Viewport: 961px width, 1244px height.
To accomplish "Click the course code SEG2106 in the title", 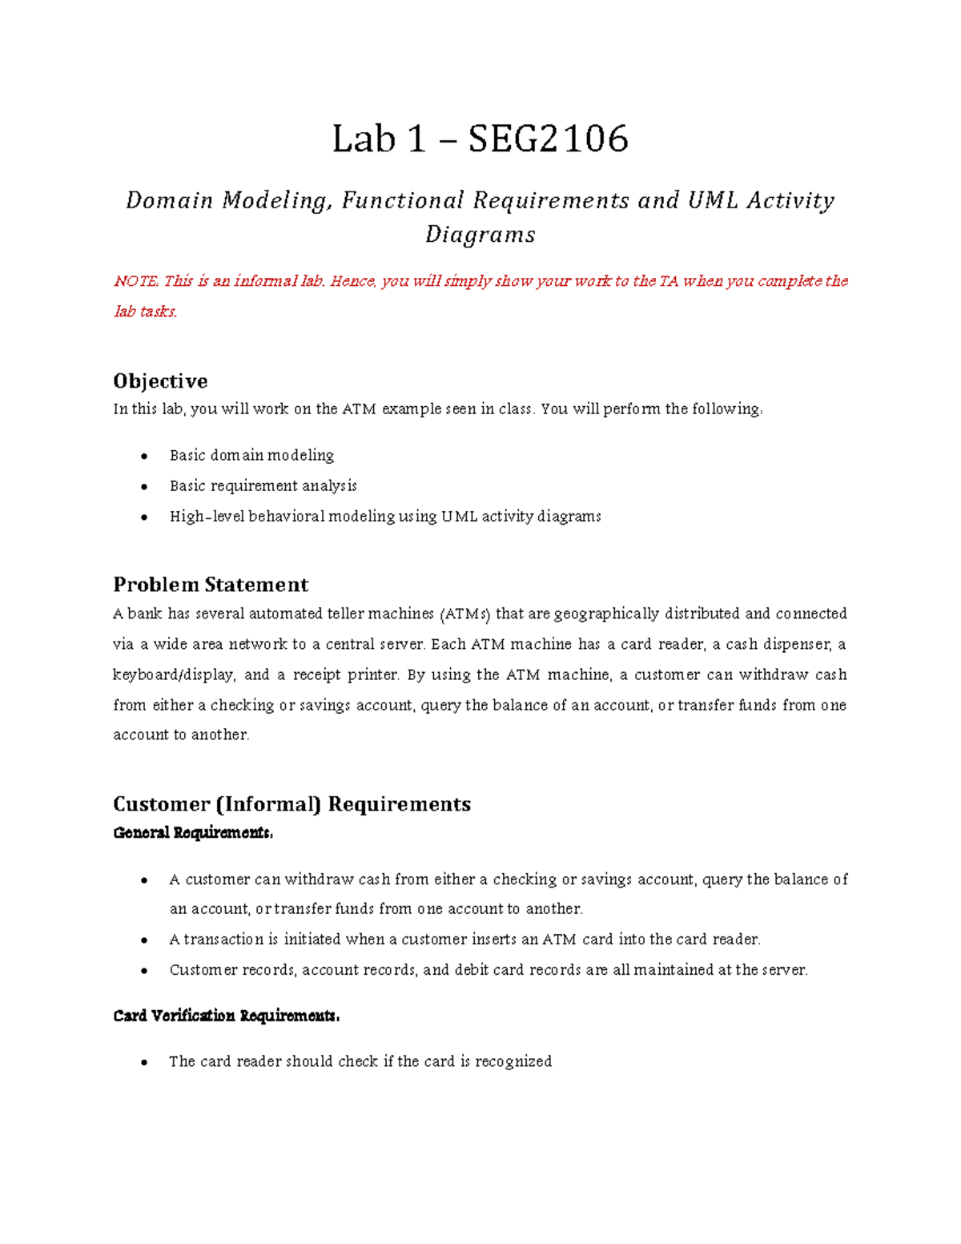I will pos(548,139).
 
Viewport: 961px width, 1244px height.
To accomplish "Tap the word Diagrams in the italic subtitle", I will pos(480,235).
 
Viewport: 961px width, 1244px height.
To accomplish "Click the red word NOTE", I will pos(136,281).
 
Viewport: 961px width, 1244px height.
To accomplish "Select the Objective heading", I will pos(160,380).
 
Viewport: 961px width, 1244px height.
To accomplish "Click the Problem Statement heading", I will pos(211,585).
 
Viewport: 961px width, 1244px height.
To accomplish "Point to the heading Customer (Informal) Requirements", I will pos(292,804).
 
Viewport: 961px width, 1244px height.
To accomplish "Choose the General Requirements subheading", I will pos(193,833).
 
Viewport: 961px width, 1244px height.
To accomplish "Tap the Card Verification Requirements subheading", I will pos(227,1017).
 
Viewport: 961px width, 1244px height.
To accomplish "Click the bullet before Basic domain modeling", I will pos(144,456).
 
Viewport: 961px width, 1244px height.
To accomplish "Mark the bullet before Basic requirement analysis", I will pos(144,486).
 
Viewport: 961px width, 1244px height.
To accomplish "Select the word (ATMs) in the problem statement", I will pos(464,614).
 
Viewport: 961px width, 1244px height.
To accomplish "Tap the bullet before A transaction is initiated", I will pos(144,940).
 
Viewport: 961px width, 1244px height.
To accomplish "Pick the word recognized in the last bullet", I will pos(513,1061).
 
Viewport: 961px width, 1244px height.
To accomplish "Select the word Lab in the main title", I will pos(364,139).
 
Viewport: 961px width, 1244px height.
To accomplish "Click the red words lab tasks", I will pos(145,312).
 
